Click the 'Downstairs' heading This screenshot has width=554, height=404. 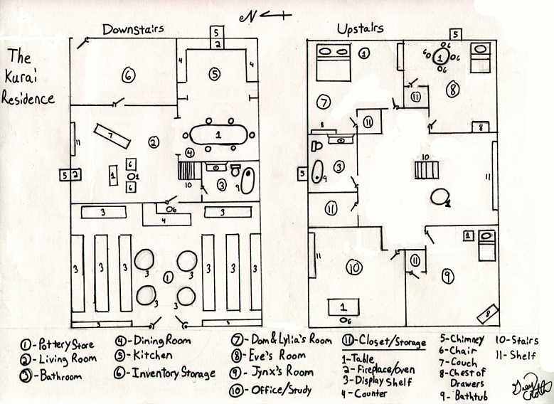133,29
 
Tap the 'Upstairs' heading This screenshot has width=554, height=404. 360,28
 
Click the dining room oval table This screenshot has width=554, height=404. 219,134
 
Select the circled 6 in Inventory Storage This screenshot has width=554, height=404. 128,75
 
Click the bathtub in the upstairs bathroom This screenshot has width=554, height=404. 317,172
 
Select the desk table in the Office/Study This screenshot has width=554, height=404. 343,307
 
